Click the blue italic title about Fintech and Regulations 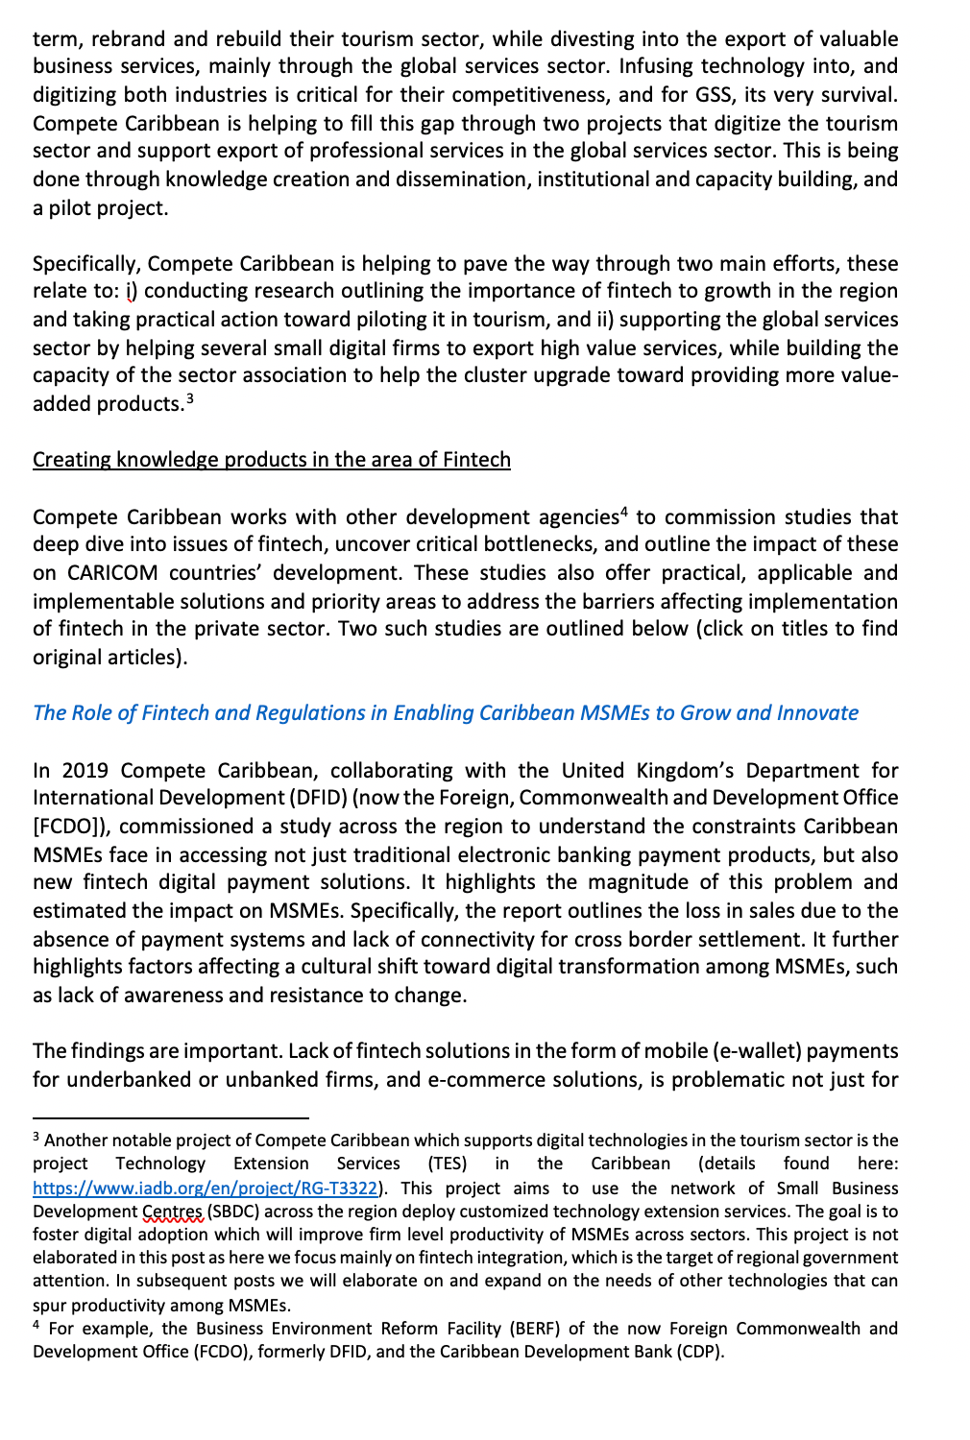point(445,713)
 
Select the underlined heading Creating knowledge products point(272,460)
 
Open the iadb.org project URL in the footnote point(205,1188)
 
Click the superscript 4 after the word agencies point(624,512)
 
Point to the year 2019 point(85,771)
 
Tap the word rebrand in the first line point(128,39)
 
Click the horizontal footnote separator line point(171,1118)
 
